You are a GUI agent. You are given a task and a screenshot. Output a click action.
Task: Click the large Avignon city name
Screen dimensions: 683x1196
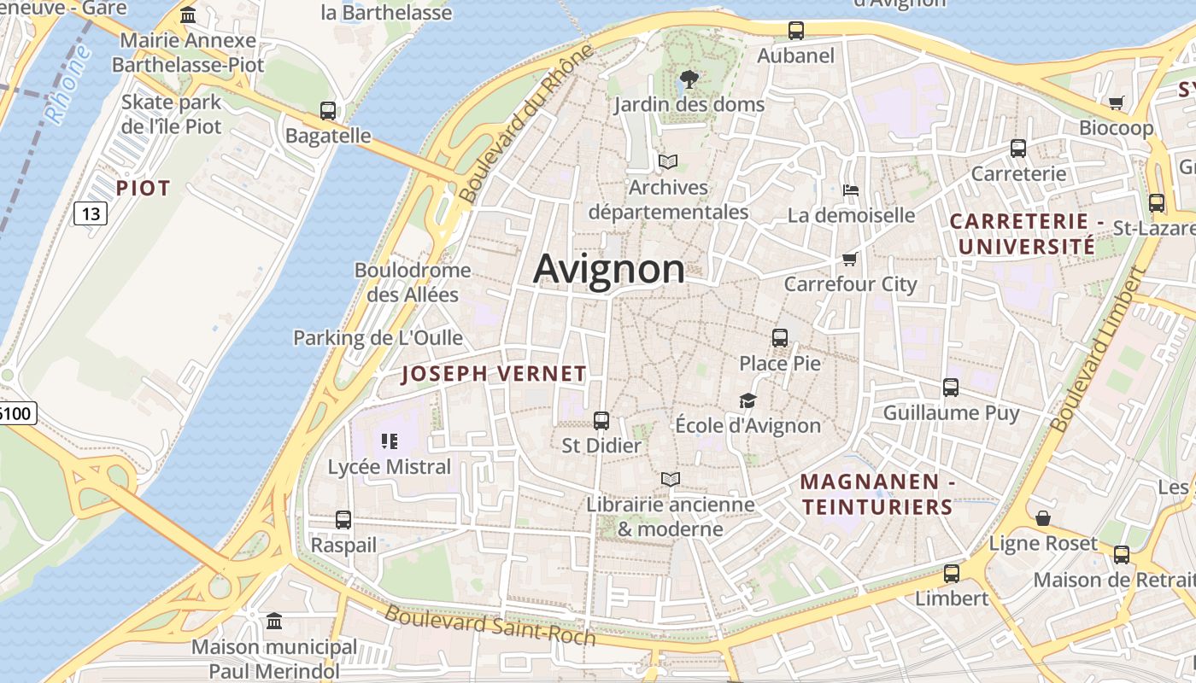(x=608, y=269)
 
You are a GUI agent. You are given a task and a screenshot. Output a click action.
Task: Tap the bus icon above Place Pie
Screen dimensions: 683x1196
(x=779, y=337)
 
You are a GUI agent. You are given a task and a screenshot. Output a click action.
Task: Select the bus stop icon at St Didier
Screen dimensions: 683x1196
(x=601, y=420)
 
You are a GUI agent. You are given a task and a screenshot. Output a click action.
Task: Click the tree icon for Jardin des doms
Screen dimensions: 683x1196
(x=689, y=80)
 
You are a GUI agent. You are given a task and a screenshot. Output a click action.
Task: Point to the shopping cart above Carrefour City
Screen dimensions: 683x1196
(x=849, y=259)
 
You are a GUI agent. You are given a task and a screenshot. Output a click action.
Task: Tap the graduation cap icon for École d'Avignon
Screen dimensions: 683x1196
(x=747, y=400)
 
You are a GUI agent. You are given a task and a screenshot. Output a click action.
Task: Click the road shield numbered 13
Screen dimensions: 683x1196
(x=90, y=213)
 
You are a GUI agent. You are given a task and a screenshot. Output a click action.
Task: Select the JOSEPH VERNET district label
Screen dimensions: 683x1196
(x=494, y=374)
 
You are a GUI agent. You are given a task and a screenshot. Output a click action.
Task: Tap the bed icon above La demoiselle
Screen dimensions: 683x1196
(x=850, y=190)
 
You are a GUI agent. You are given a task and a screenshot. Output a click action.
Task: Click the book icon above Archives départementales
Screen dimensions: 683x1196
(x=668, y=161)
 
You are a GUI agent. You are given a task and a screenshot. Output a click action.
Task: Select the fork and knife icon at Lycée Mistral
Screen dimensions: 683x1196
(x=390, y=441)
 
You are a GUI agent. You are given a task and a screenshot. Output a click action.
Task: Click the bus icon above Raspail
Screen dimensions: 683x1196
(x=343, y=519)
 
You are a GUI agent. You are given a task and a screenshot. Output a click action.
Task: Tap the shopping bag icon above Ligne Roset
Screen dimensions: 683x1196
(x=1042, y=518)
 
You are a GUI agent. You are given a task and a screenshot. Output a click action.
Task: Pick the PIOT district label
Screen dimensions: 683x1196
(x=144, y=188)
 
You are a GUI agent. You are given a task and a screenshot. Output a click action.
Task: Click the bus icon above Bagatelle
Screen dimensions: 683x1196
(x=328, y=110)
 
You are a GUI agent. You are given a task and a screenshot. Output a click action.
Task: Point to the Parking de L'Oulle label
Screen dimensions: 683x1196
(x=378, y=338)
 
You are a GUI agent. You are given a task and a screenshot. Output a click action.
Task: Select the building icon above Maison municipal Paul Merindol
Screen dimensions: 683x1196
(x=274, y=621)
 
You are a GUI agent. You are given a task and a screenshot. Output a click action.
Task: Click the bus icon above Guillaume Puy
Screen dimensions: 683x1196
(x=951, y=388)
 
